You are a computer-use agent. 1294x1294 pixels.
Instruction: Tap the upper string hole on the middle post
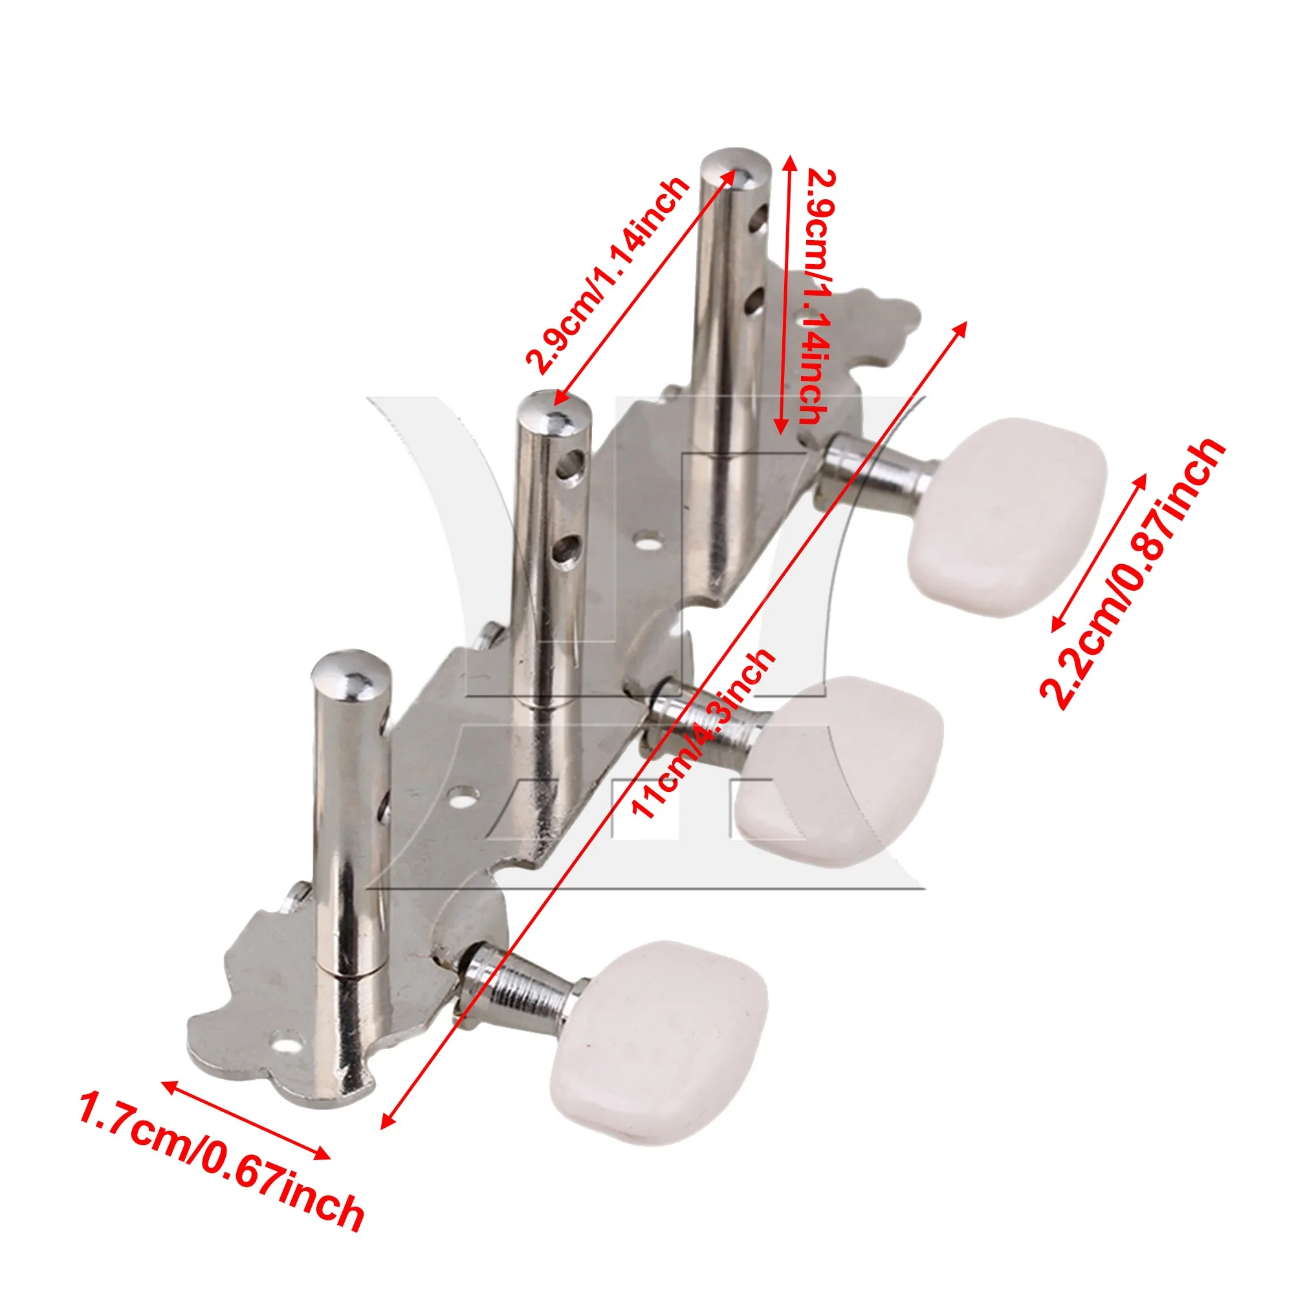573,462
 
